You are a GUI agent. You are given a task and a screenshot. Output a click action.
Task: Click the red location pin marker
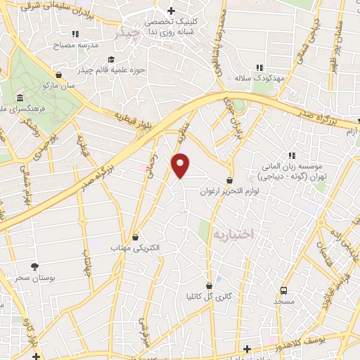181,165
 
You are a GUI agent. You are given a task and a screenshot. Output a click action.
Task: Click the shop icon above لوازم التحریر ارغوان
230,181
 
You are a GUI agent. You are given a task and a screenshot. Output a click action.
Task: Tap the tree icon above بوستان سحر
34,266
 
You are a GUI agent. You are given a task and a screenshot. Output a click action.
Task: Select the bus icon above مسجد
284,290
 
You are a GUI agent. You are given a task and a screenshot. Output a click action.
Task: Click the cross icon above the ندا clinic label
171,11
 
